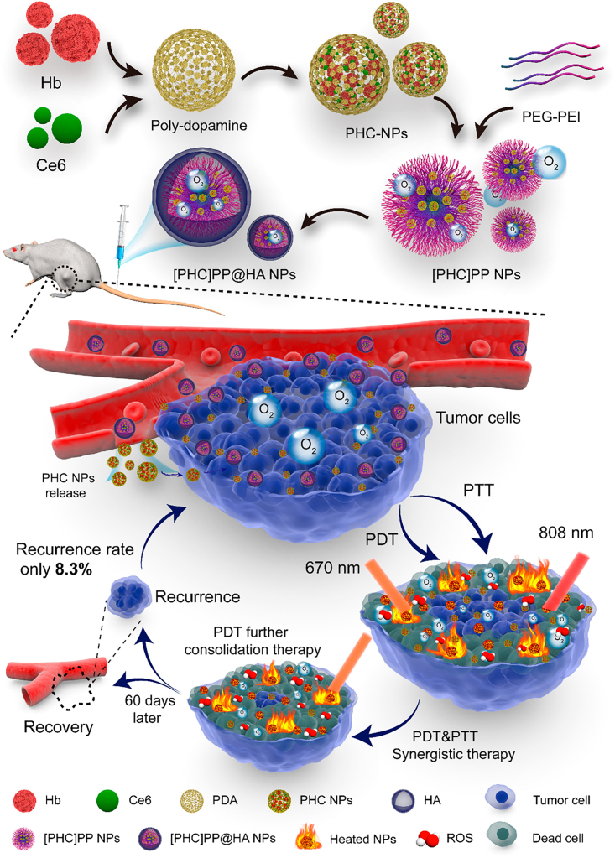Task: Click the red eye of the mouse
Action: coord(15,250)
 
